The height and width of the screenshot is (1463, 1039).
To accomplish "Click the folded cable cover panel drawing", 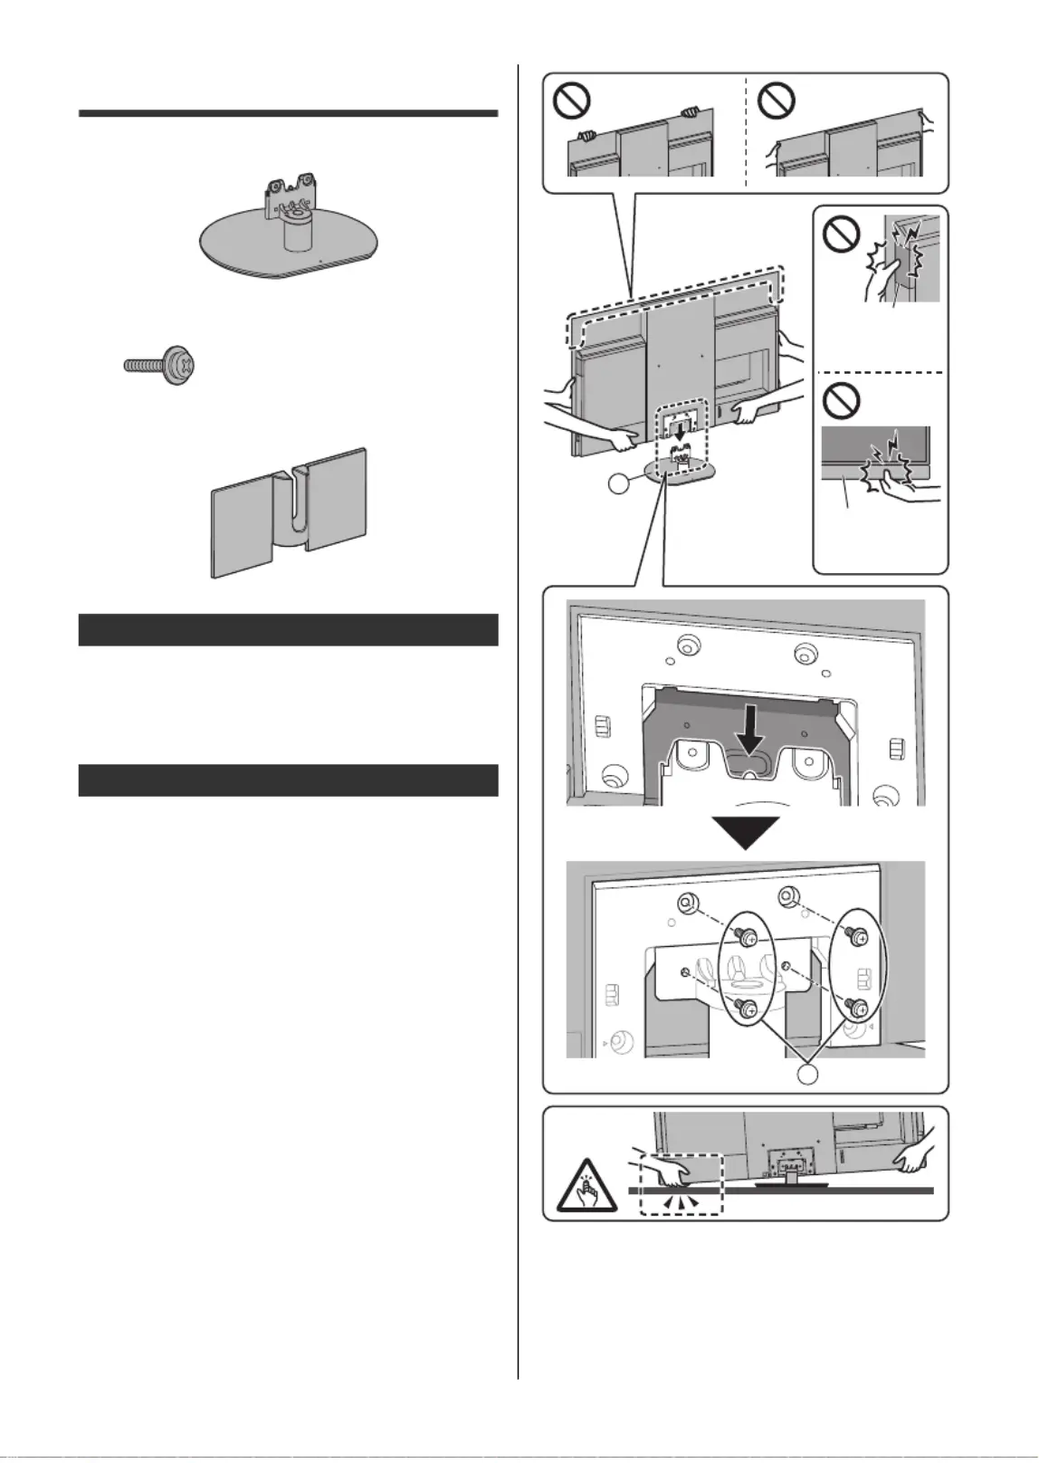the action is (x=290, y=512).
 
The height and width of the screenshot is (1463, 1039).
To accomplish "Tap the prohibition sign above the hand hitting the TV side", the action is (x=841, y=238).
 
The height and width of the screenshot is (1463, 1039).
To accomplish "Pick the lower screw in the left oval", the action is (x=748, y=1007).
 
